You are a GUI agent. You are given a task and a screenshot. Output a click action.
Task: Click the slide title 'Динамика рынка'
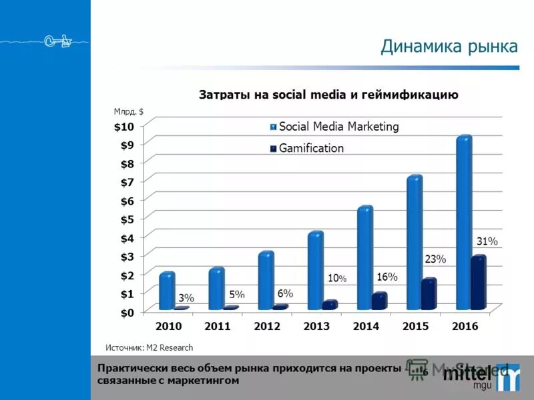click(449, 47)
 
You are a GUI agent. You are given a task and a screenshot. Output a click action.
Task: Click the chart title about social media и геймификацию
click(328, 94)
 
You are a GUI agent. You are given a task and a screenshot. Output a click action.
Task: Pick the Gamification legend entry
click(311, 148)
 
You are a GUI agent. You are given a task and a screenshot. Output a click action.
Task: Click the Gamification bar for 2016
click(478, 283)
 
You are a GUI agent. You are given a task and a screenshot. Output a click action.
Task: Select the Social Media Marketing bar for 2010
click(167, 291)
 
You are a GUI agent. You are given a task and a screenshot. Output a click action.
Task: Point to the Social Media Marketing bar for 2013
click(315, 270)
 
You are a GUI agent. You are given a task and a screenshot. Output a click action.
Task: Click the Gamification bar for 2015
click(429, 294)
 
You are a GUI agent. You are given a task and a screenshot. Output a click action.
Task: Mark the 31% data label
click(487, 241)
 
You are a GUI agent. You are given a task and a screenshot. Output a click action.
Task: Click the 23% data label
click(435, 258)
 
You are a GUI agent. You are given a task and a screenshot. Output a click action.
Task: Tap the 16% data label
click(387, 276)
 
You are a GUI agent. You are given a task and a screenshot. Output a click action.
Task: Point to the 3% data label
click(186, 298)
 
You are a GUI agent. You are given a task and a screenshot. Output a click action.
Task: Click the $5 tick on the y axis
click(126, 219)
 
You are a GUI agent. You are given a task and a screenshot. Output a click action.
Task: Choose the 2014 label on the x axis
click(366, 327)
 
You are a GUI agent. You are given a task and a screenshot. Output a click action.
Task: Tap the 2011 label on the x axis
click(218, 327)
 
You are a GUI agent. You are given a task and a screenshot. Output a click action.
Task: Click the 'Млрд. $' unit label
click(129, 112)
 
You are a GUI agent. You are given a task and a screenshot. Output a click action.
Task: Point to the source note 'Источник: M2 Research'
click(150, 347)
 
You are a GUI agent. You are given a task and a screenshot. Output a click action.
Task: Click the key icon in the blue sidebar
click(58, 42)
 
